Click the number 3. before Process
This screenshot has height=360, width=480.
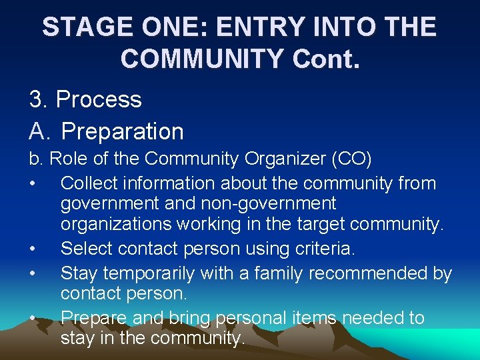39,99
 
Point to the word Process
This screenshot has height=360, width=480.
99,99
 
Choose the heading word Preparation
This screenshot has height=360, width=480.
122,131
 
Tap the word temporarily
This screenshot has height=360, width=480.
159,273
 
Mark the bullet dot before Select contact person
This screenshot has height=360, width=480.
33,249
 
